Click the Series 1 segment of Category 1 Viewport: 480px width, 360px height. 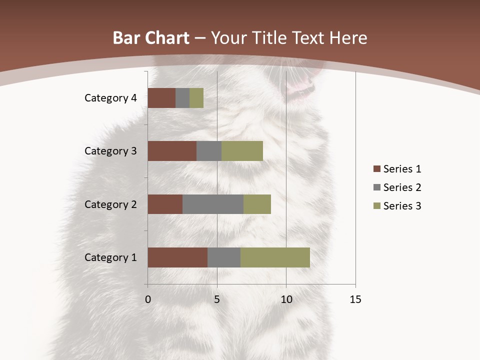click(177, 257)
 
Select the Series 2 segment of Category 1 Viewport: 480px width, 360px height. click(224, 257)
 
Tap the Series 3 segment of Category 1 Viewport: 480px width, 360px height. click(275, 257)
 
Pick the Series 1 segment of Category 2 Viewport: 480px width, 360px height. click(165, 204)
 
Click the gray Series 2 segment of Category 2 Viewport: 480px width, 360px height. click(213, 204)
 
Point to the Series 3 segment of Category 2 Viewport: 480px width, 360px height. click(257, 204)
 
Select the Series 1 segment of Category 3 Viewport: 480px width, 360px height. click(172, 151)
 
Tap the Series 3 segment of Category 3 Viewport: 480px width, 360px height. click(242, 151)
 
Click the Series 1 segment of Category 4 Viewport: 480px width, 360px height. click(161, 98)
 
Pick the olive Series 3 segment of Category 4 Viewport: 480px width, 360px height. click(196, 98)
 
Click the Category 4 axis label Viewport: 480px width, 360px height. click(110, 98)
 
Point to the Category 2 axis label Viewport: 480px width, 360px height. click(110, 204)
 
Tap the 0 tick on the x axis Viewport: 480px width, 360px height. click(148, 299)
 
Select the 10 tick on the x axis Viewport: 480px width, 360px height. click(286, 299)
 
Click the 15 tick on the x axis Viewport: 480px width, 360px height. click(355, 299)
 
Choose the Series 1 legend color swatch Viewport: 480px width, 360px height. click(376, 169)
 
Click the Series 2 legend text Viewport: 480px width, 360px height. click(402, 187)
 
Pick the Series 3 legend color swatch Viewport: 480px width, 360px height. click(376, 206)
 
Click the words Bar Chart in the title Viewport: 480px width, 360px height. click(151, 38)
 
